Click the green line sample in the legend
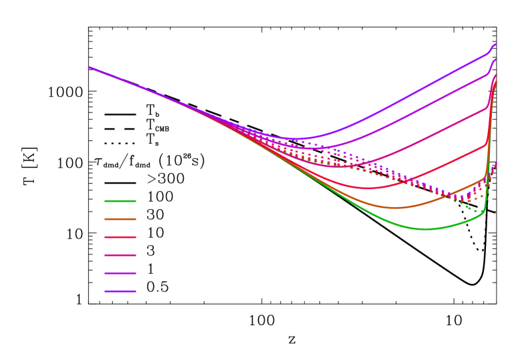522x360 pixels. click(120, 201)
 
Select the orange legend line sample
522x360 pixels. click(120, 219)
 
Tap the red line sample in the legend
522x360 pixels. click(120, 237)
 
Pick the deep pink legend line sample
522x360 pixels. click(120, 255)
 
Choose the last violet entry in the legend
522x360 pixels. click(120, 291)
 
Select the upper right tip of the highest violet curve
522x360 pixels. click(496, 44)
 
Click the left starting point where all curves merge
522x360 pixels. click(88, 67)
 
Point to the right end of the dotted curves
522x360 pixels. click(496, 163)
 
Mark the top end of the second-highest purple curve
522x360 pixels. click(496, 59)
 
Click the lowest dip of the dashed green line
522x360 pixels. click(477, 212)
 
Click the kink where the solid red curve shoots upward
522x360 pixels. click(486, 144)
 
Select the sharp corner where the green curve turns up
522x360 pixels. click(483, 211)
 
